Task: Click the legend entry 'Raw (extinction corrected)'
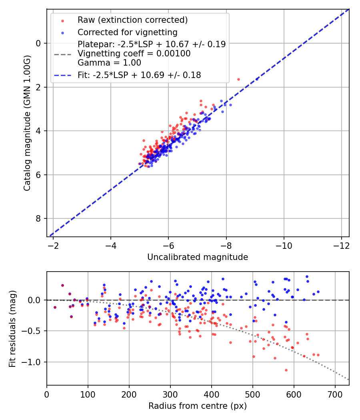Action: pyautogui.click(x=132, y=20)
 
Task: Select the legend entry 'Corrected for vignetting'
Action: pyautogui.click(x=127, y=32)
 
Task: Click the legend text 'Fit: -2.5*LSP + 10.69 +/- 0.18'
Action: pyautogui.click(x=139, y=75)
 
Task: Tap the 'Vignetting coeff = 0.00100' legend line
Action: pyautogui.click(x=134, y=54)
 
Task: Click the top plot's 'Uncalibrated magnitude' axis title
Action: pyautogui.click(x=198, y=257)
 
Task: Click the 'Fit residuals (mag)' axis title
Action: pyautogui.click(x=12, y=328)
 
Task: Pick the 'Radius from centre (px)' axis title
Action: pyautogui.click(x=198, y=406)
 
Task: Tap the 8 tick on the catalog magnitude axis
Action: pyautogui.click(x=38, y=218)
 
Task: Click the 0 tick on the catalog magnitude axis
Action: pyautogui.click(x=38, y=43)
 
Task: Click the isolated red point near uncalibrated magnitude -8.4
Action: pyautogui.click(x=238, y=79)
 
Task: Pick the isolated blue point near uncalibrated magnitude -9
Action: pyautogui.click(x=257, y=79)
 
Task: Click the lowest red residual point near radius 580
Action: pyautogui.click(x=286, y=370)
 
